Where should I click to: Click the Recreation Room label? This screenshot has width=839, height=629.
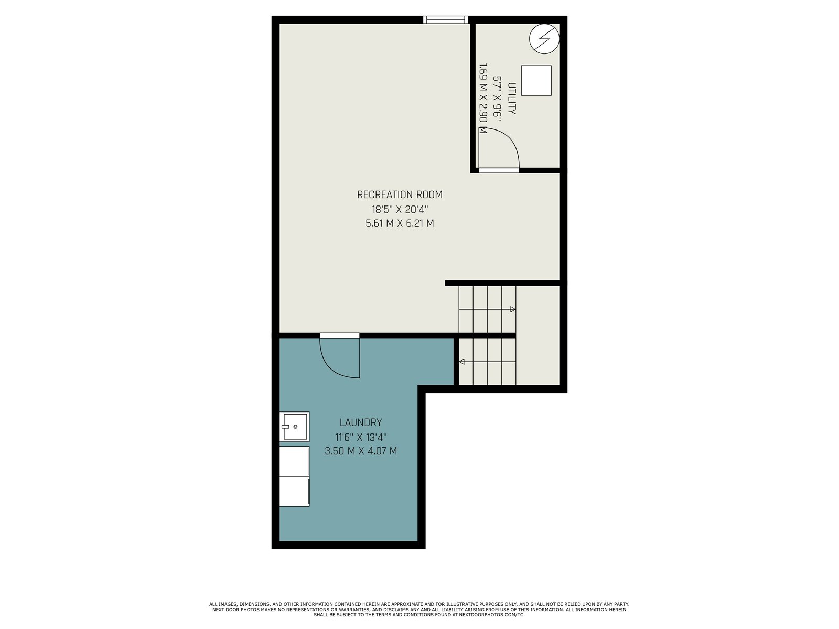point(400,195)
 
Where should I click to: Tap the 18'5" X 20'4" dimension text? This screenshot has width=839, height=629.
point(400,209)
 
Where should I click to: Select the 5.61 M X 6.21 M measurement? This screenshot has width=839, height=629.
point(400,223)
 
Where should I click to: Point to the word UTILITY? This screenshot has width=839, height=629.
point(512,99)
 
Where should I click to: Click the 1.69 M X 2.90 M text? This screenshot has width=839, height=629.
point(483,99)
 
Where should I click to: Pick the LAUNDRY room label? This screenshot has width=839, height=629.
point(360,422)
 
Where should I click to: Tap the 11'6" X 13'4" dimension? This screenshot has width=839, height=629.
point(361,437)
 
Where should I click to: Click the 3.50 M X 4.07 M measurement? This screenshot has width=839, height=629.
point(361,451)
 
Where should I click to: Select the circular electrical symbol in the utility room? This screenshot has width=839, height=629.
point(544,39)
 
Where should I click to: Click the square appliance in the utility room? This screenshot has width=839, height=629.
point(536,80)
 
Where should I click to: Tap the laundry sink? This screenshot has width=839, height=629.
point(294,427)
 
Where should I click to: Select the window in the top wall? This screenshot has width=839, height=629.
point(446,20)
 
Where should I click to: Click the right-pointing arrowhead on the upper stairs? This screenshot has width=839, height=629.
point(513,309)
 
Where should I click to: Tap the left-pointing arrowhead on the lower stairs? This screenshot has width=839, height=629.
point(462,362)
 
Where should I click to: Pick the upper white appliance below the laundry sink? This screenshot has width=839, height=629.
point(294,461)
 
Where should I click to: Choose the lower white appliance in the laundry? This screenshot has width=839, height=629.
point(294,492)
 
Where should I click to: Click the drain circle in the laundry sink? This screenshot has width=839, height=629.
point(295,427)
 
